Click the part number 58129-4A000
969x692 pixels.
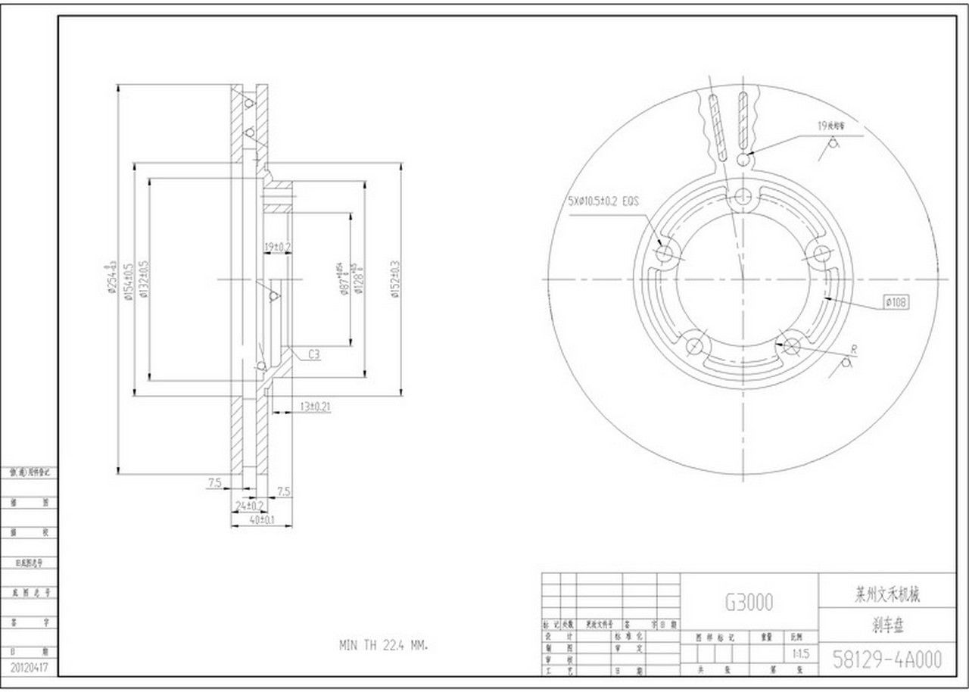(886, 659)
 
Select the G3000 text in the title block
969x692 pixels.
(749, 602)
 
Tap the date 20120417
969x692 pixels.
(30, 668)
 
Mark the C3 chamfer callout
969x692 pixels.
(314, 354)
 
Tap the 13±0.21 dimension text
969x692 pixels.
(315, 407)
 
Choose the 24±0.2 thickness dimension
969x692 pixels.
(249, 505)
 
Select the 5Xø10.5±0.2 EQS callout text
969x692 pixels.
(603, 201)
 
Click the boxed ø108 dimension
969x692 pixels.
(896, 303)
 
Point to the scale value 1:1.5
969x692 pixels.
(799, 652)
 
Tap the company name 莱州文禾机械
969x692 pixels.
(886, 596)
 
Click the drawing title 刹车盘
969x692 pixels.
(886, 627)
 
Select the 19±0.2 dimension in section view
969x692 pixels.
(277, 247)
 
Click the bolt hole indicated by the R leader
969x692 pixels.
(792, 346)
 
